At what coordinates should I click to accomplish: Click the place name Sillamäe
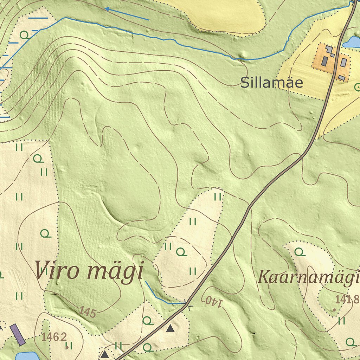271,83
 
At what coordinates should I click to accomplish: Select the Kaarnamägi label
309,277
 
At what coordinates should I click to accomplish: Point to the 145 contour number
87,311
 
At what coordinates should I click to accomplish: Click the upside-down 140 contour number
213,301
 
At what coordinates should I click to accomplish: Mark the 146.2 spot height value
54,337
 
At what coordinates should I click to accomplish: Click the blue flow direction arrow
127,13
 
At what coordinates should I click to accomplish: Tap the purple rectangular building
17,334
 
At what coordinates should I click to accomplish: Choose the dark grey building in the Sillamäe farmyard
324,61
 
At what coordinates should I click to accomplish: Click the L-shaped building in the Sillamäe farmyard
330,51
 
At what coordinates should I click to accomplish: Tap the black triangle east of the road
170,328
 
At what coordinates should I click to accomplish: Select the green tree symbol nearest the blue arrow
24,35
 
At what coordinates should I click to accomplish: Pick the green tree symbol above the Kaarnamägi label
299,252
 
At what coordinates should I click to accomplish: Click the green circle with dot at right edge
358,86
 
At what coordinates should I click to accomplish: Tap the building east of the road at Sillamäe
344,63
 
